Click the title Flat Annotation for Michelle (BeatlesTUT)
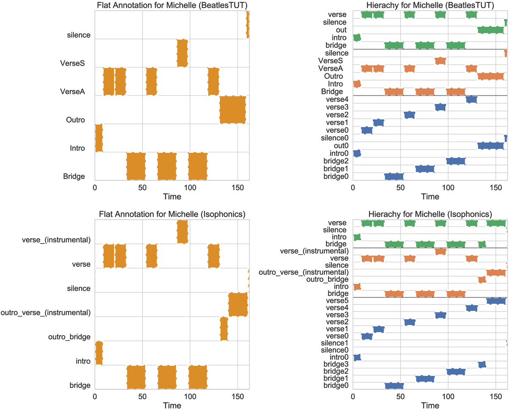[172, 6]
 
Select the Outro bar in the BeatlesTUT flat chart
[232, 109]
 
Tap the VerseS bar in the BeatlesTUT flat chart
[182, 53]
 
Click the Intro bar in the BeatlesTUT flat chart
[99, 138]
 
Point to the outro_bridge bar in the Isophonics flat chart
[224, 329]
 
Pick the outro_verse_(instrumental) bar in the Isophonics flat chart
[238, 304]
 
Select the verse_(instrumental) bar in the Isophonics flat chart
[182, 232]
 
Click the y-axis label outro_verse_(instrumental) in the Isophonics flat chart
[45, 313]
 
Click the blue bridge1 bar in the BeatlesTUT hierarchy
[425, 169]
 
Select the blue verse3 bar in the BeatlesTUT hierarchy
[440, 107]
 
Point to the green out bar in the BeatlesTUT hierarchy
[491, 30]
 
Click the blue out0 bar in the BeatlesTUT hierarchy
[491, 146]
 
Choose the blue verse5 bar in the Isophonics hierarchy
[496, 301]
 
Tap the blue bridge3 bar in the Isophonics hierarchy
[482, 364]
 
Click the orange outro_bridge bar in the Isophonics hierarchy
[482, 280]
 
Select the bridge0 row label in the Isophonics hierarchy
[336, 385]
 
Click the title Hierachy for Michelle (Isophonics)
[430, 213]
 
